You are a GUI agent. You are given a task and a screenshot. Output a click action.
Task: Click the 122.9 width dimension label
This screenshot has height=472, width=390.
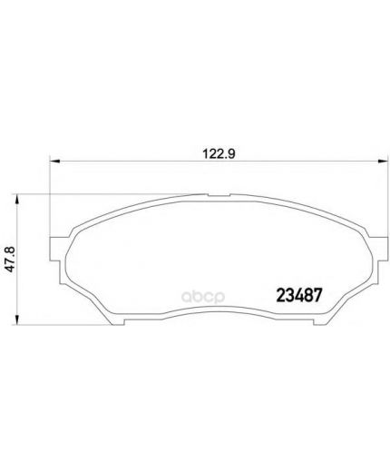[x=219, y=154]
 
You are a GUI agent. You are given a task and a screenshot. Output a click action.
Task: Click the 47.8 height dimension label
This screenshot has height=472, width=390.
[x=11, y=260]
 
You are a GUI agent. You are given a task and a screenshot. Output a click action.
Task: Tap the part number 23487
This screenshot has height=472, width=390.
[x=299, y=295]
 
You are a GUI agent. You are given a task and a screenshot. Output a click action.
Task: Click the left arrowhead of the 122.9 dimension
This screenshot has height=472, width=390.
[x=55, y=162]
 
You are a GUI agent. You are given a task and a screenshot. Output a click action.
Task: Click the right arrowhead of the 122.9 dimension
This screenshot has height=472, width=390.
[x=382, y=162]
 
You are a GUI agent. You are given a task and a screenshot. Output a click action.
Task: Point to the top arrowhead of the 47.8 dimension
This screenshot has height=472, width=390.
[x=17, y=200]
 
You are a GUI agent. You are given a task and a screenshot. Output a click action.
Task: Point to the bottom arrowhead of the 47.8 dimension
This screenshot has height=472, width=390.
[x=17, y=320]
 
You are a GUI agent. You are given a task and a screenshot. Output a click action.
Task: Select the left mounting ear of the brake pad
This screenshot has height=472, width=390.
[x=57, y=249]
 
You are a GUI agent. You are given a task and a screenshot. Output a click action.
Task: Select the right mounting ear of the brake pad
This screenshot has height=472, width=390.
[x=380, y=249]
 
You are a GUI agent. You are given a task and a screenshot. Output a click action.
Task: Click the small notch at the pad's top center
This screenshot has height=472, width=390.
[x=219, y=195]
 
